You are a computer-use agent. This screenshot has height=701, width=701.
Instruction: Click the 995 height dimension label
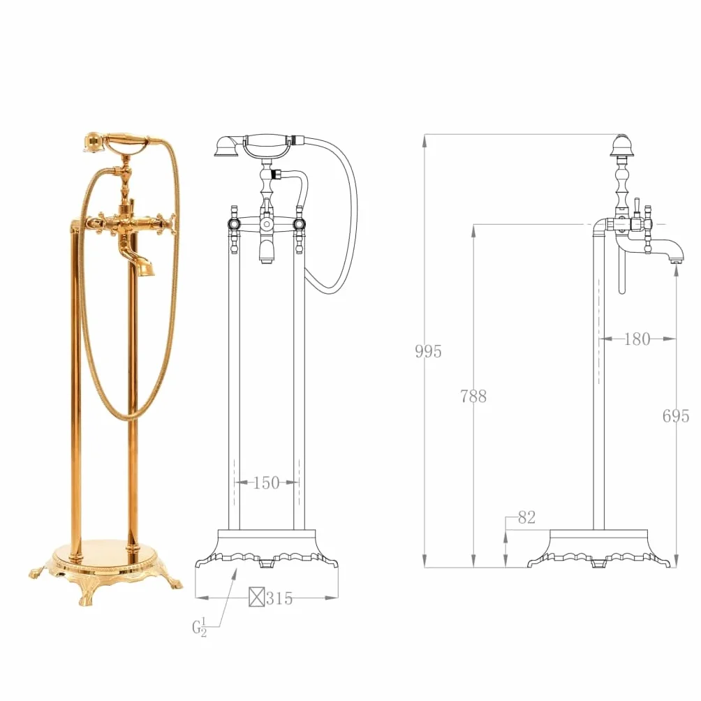428,351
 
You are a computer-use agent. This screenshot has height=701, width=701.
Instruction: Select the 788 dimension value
473,396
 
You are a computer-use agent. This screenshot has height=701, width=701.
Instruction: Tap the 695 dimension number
676,416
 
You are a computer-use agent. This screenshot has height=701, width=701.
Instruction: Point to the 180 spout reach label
637,339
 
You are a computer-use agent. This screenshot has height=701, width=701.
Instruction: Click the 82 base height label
526,517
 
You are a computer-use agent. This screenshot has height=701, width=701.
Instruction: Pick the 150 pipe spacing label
267,483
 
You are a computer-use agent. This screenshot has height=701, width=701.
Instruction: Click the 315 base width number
279,598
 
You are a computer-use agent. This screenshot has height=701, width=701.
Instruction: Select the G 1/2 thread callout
200,627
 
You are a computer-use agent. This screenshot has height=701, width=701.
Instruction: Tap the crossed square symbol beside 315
257,597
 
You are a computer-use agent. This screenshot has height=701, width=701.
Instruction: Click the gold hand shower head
93,142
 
